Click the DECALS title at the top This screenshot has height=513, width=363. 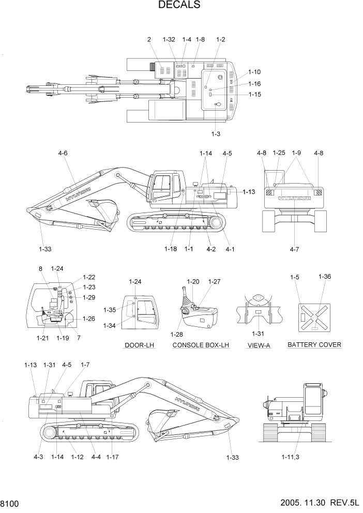click(x=179, y=6)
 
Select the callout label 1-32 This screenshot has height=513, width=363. click(x=169, y=39)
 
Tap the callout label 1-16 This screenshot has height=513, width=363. click(x=254, y=84)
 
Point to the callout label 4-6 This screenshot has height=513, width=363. click(x=63, y=153)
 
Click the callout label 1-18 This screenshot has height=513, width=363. click(x=171, y=249)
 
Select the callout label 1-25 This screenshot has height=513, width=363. click(x=279, y=153)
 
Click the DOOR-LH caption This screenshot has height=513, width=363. click(x=137, y=345)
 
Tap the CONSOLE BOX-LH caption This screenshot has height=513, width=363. click(x=201, y=345)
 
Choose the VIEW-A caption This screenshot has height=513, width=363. click(x=259, y=345)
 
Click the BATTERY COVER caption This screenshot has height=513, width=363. click(x=314, y=344)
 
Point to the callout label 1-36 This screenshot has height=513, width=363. click(x=325, y=277)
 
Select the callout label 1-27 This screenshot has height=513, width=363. click(x=214, y=281)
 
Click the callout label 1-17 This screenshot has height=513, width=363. click(x=112, y=457)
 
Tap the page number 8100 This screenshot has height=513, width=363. click(x=10, y=503)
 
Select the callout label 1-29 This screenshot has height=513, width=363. click(x=89, y=297)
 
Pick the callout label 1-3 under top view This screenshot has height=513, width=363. click(x=216, y=134)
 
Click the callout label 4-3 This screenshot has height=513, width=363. click(x=39, y=457)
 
